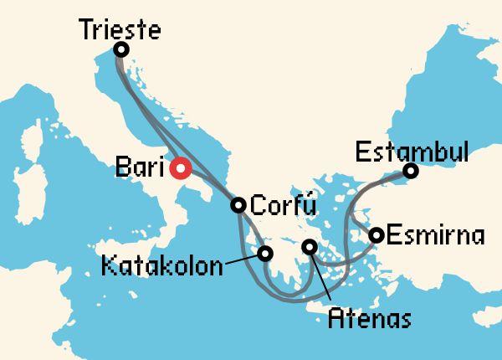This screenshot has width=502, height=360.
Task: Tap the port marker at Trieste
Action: point(121,49)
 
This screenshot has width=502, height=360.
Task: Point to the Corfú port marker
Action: point(238,204)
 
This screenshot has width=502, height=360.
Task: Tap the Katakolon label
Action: point(162,267)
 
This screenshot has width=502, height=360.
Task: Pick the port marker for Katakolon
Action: point(266,253)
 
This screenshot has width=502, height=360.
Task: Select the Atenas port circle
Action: point(310,247)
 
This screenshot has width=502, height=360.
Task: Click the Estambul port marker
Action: point(410,172)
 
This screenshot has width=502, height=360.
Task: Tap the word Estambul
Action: point(412,153)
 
